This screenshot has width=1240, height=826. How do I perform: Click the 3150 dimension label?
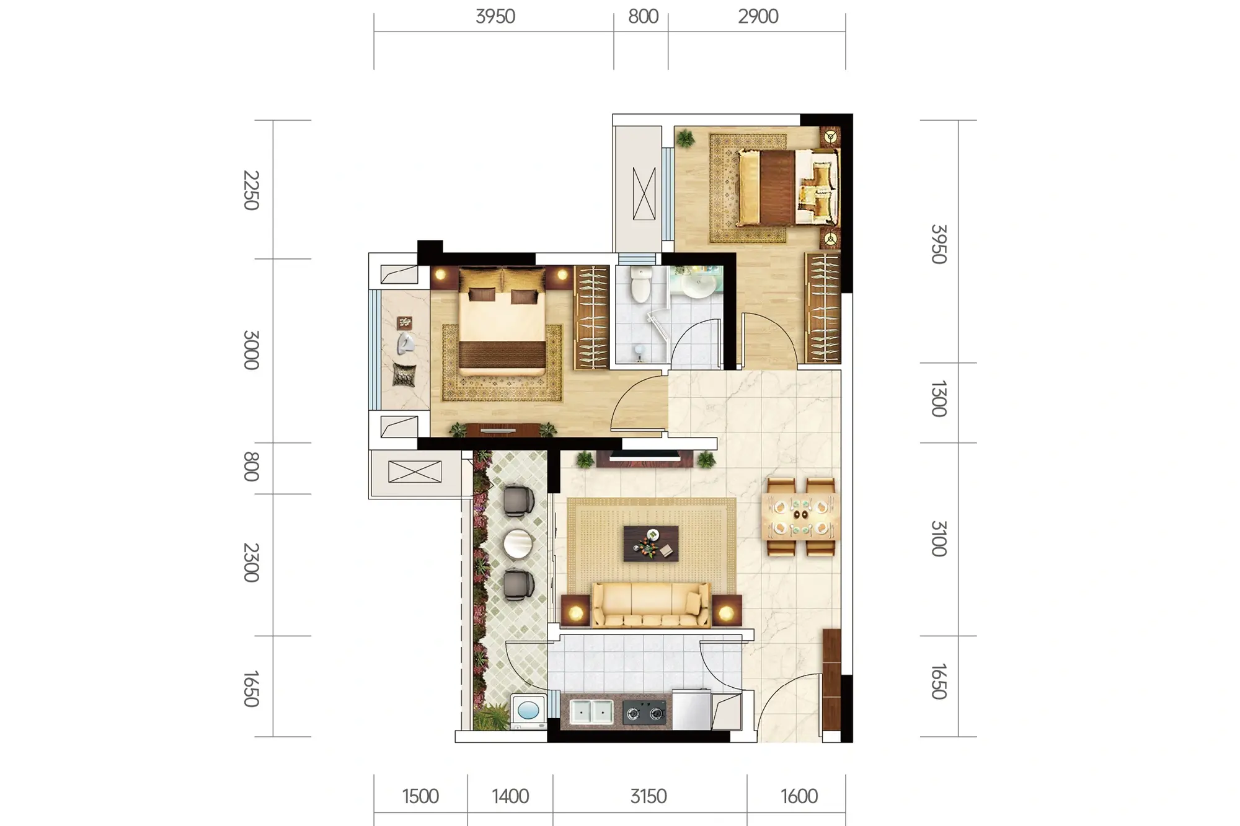(x=649, y=796)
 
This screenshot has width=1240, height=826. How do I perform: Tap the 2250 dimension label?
(x=251, y=190)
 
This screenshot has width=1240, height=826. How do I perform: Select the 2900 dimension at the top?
(x=758, y=17)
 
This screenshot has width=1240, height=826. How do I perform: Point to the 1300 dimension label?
(x=939, y=399)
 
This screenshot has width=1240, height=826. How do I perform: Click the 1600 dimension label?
(x=799, y=796)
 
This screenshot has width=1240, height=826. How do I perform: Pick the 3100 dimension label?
(x=939, y=538)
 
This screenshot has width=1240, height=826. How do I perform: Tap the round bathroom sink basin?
(x=699, y=286)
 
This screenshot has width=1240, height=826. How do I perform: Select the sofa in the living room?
(x=651, y=605)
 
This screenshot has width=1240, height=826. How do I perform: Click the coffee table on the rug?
(x=651, y=543)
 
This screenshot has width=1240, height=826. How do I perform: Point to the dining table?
(x=800, y=517)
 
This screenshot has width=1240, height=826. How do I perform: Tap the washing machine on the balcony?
(x=528, y=710)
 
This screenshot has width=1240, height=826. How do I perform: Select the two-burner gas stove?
(x=644, y=713)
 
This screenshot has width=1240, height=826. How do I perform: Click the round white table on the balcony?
(x=518, y=543)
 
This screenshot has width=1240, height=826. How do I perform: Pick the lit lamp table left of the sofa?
(x=576, y=611)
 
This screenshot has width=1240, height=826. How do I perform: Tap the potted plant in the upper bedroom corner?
(x=685, y=138)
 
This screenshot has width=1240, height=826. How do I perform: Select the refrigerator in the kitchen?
(x=691, y=710)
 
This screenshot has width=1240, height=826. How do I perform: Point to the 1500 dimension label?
(x=420, y=796)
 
